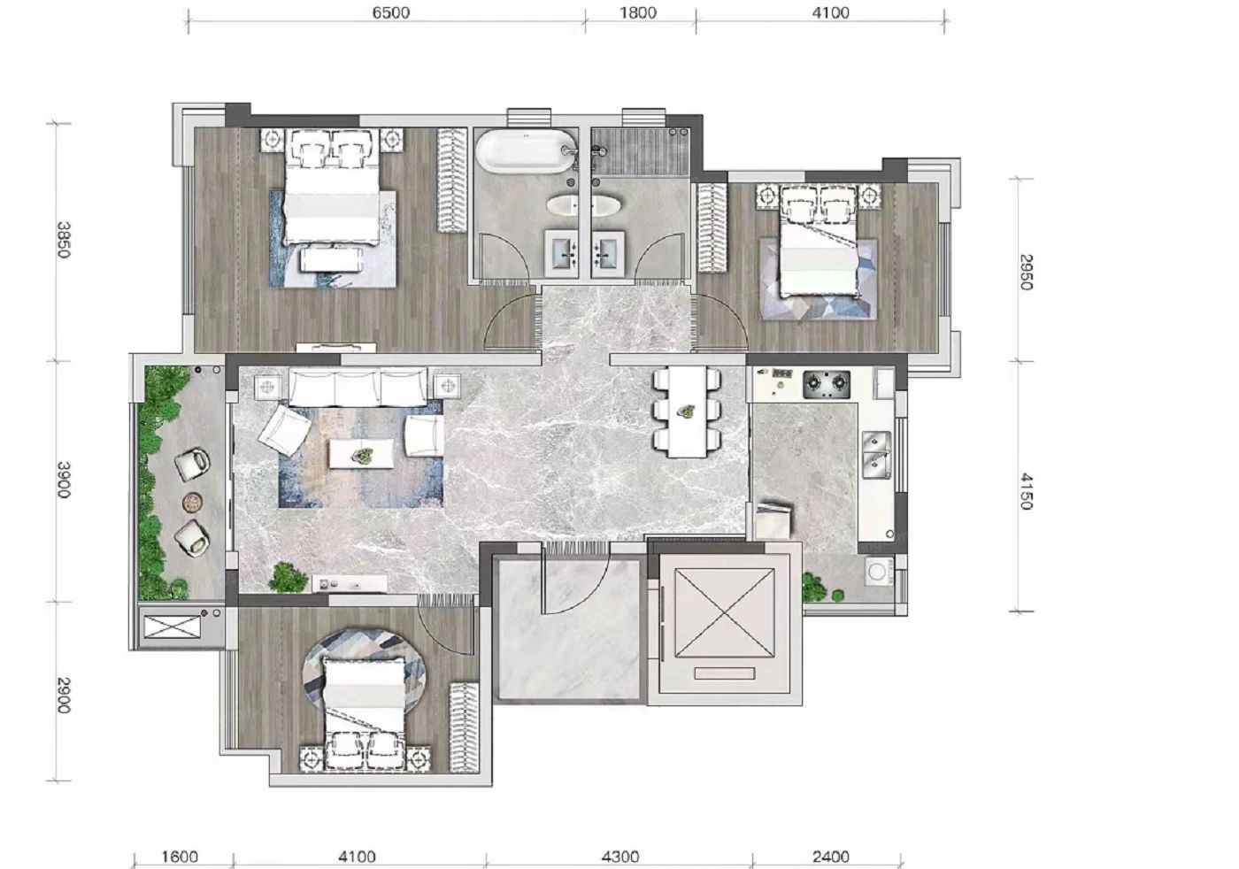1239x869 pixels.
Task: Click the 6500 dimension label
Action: click(390, 12)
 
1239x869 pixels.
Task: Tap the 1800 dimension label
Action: click(638, 12)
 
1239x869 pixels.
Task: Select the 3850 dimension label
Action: click(64, 240)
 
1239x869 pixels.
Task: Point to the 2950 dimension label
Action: click(1026, 272)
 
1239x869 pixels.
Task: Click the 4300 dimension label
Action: click(620, 857)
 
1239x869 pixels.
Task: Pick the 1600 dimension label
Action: click(180, 857)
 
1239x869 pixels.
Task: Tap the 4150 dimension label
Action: click(1026, 491)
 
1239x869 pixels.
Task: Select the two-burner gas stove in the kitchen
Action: click(827, 384)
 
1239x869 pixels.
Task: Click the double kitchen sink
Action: click(877, 455)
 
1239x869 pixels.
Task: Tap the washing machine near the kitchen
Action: click(879, 572)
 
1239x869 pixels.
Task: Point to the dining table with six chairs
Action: click(687, 411)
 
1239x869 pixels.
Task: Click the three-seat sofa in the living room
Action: click(358, 388)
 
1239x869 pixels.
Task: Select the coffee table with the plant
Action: click(362, 454)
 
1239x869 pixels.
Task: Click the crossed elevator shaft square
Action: click(724, 613)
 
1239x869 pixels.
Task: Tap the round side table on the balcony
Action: click(192, 503)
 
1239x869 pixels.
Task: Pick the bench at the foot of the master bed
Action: click(331, 259)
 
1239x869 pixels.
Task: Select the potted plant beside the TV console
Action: click(288, 578)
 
